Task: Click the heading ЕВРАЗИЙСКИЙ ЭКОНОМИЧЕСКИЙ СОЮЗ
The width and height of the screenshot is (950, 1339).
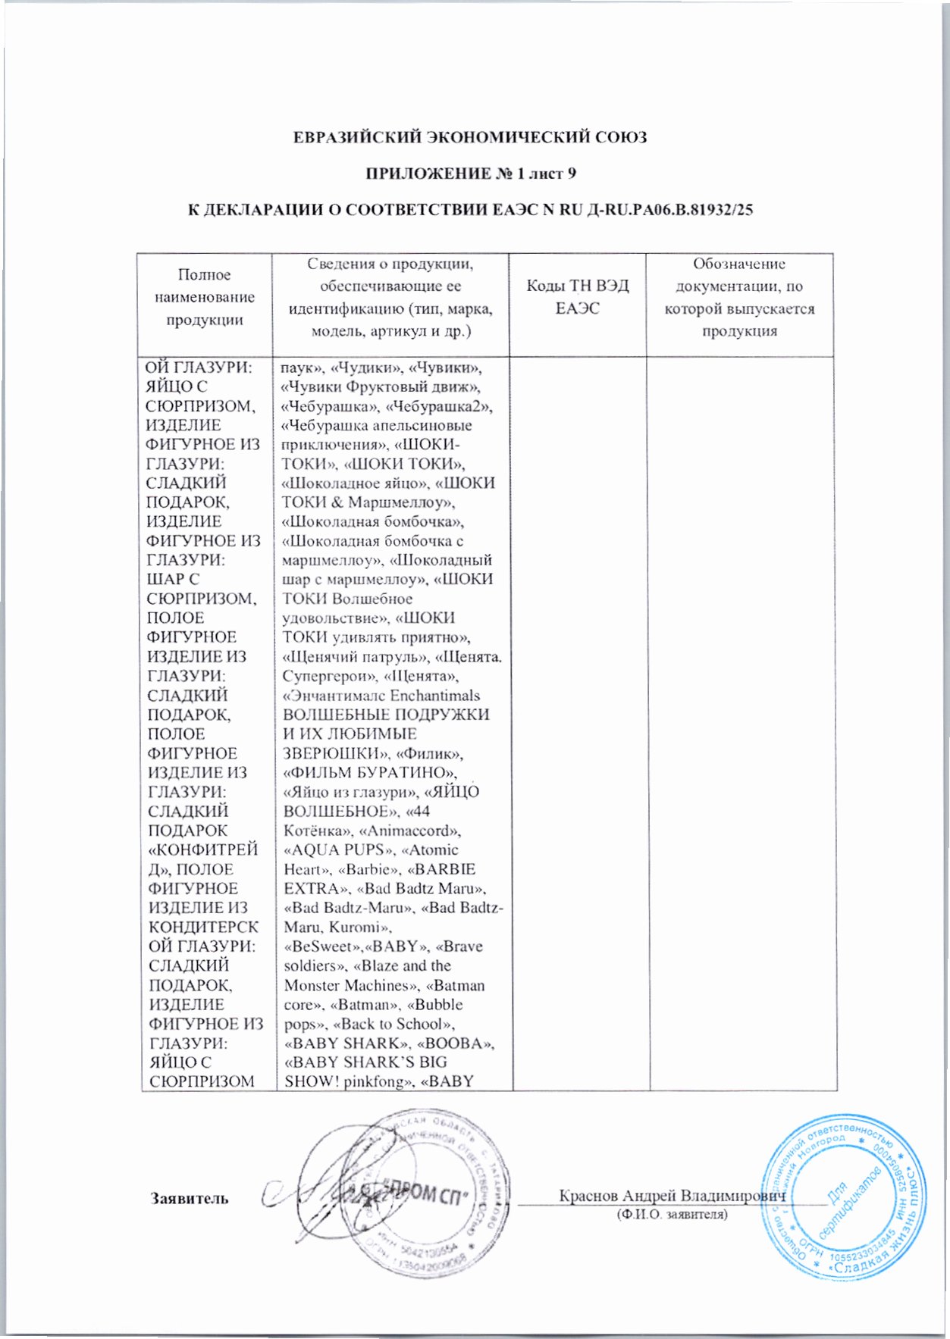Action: (x=470, y=137)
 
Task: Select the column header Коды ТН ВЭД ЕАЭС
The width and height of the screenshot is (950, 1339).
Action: (x=578, y=297)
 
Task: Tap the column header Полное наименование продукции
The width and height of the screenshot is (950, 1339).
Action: (x=205, y=297)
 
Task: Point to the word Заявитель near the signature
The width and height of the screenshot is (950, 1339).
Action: (x=190, y=1198)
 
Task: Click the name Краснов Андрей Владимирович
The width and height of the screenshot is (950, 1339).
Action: (x=672, y=1196)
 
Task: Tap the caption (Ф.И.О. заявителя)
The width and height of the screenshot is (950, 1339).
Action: (x=672, y=1215)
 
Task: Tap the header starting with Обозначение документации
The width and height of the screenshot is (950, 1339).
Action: (x=739, y=297)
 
